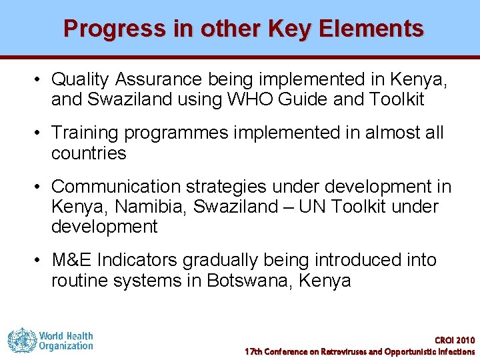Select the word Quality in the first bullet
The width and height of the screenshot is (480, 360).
pos(80,79)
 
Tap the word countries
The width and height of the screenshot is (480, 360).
pos(89,153)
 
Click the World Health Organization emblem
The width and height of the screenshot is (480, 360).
pos(22,340)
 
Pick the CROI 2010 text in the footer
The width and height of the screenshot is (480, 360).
pos(455,340)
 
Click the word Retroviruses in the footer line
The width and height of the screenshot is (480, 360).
pos(343,351)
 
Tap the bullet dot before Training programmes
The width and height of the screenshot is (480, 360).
pos(40,133)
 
